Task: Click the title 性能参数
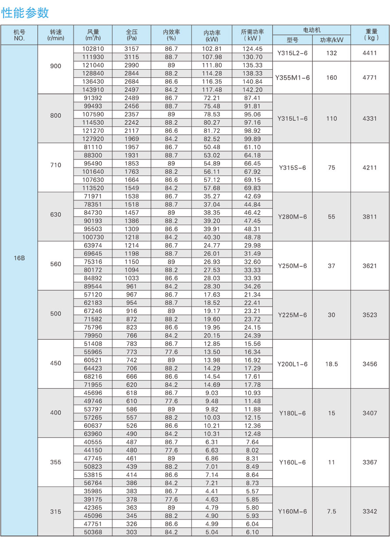pos(25,13)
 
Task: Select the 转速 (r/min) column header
pos(56,35)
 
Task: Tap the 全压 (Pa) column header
pos(132,35)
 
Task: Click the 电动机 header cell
pos(312,30)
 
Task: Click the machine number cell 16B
pos(19,258)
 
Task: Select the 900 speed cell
pos(56,66)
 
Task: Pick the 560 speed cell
pos(56,264)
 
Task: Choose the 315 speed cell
pos(56,511)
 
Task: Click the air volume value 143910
pos(93,90)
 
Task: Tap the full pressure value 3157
pos(132,49)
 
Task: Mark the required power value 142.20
pos(252,90)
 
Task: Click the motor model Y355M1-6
pos(292,78)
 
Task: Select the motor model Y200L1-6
pos(292,364)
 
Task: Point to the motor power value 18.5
pos(332,364)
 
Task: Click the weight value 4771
pos(370,78)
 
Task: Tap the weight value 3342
pos(370,511)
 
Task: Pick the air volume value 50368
pos(93,532)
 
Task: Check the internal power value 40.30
pos(212,237)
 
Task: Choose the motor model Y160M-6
pos(292,511)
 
